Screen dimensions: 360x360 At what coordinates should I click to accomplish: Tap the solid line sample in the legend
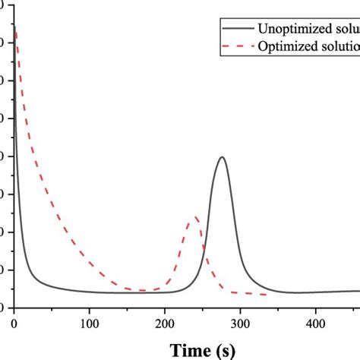[x=237, y=28]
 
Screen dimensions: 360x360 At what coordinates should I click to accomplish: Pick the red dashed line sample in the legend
[x=237, y=46]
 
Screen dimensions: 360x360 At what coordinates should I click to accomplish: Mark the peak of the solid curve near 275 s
[x=221, y=157]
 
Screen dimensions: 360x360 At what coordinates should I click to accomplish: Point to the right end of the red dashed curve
[x=266, y=295]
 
